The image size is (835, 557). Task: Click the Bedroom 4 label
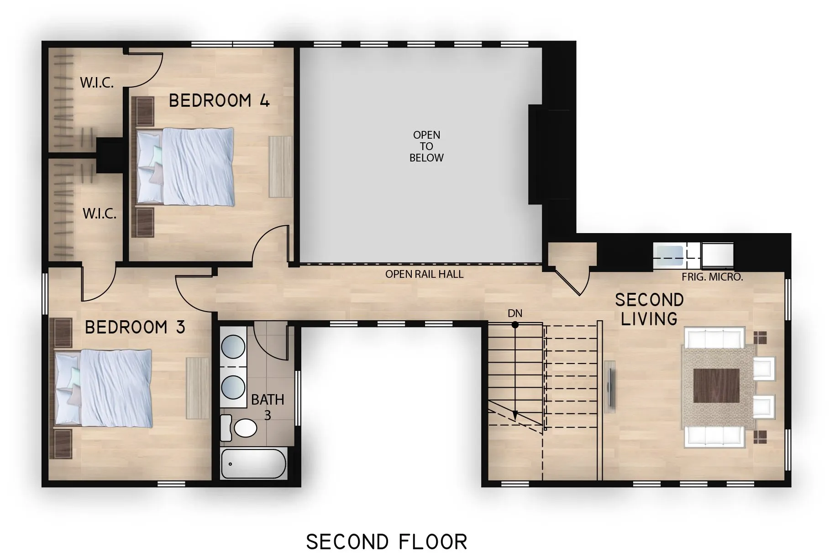coord(219,100)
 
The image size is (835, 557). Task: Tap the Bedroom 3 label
coord(135,327)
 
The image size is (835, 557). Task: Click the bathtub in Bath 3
coord(253,463)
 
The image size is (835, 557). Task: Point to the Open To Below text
coord(426,146)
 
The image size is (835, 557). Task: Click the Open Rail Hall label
coord(424,274)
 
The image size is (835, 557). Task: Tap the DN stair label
coord(515,313)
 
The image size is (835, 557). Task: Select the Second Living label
coord(649,309)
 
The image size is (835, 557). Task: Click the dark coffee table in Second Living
coord(716,385)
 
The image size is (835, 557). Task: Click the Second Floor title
coord(387,542)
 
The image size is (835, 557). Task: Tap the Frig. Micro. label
coord(712,277)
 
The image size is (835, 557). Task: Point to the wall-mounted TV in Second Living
coord(610,384)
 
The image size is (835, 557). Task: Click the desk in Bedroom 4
coord(280,167)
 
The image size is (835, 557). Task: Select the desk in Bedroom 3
coord(197,388)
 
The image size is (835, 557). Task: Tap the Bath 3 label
coord(268,407)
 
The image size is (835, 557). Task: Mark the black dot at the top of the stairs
coord(515,325)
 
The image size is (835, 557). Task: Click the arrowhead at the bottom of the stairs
coord(515,415)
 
